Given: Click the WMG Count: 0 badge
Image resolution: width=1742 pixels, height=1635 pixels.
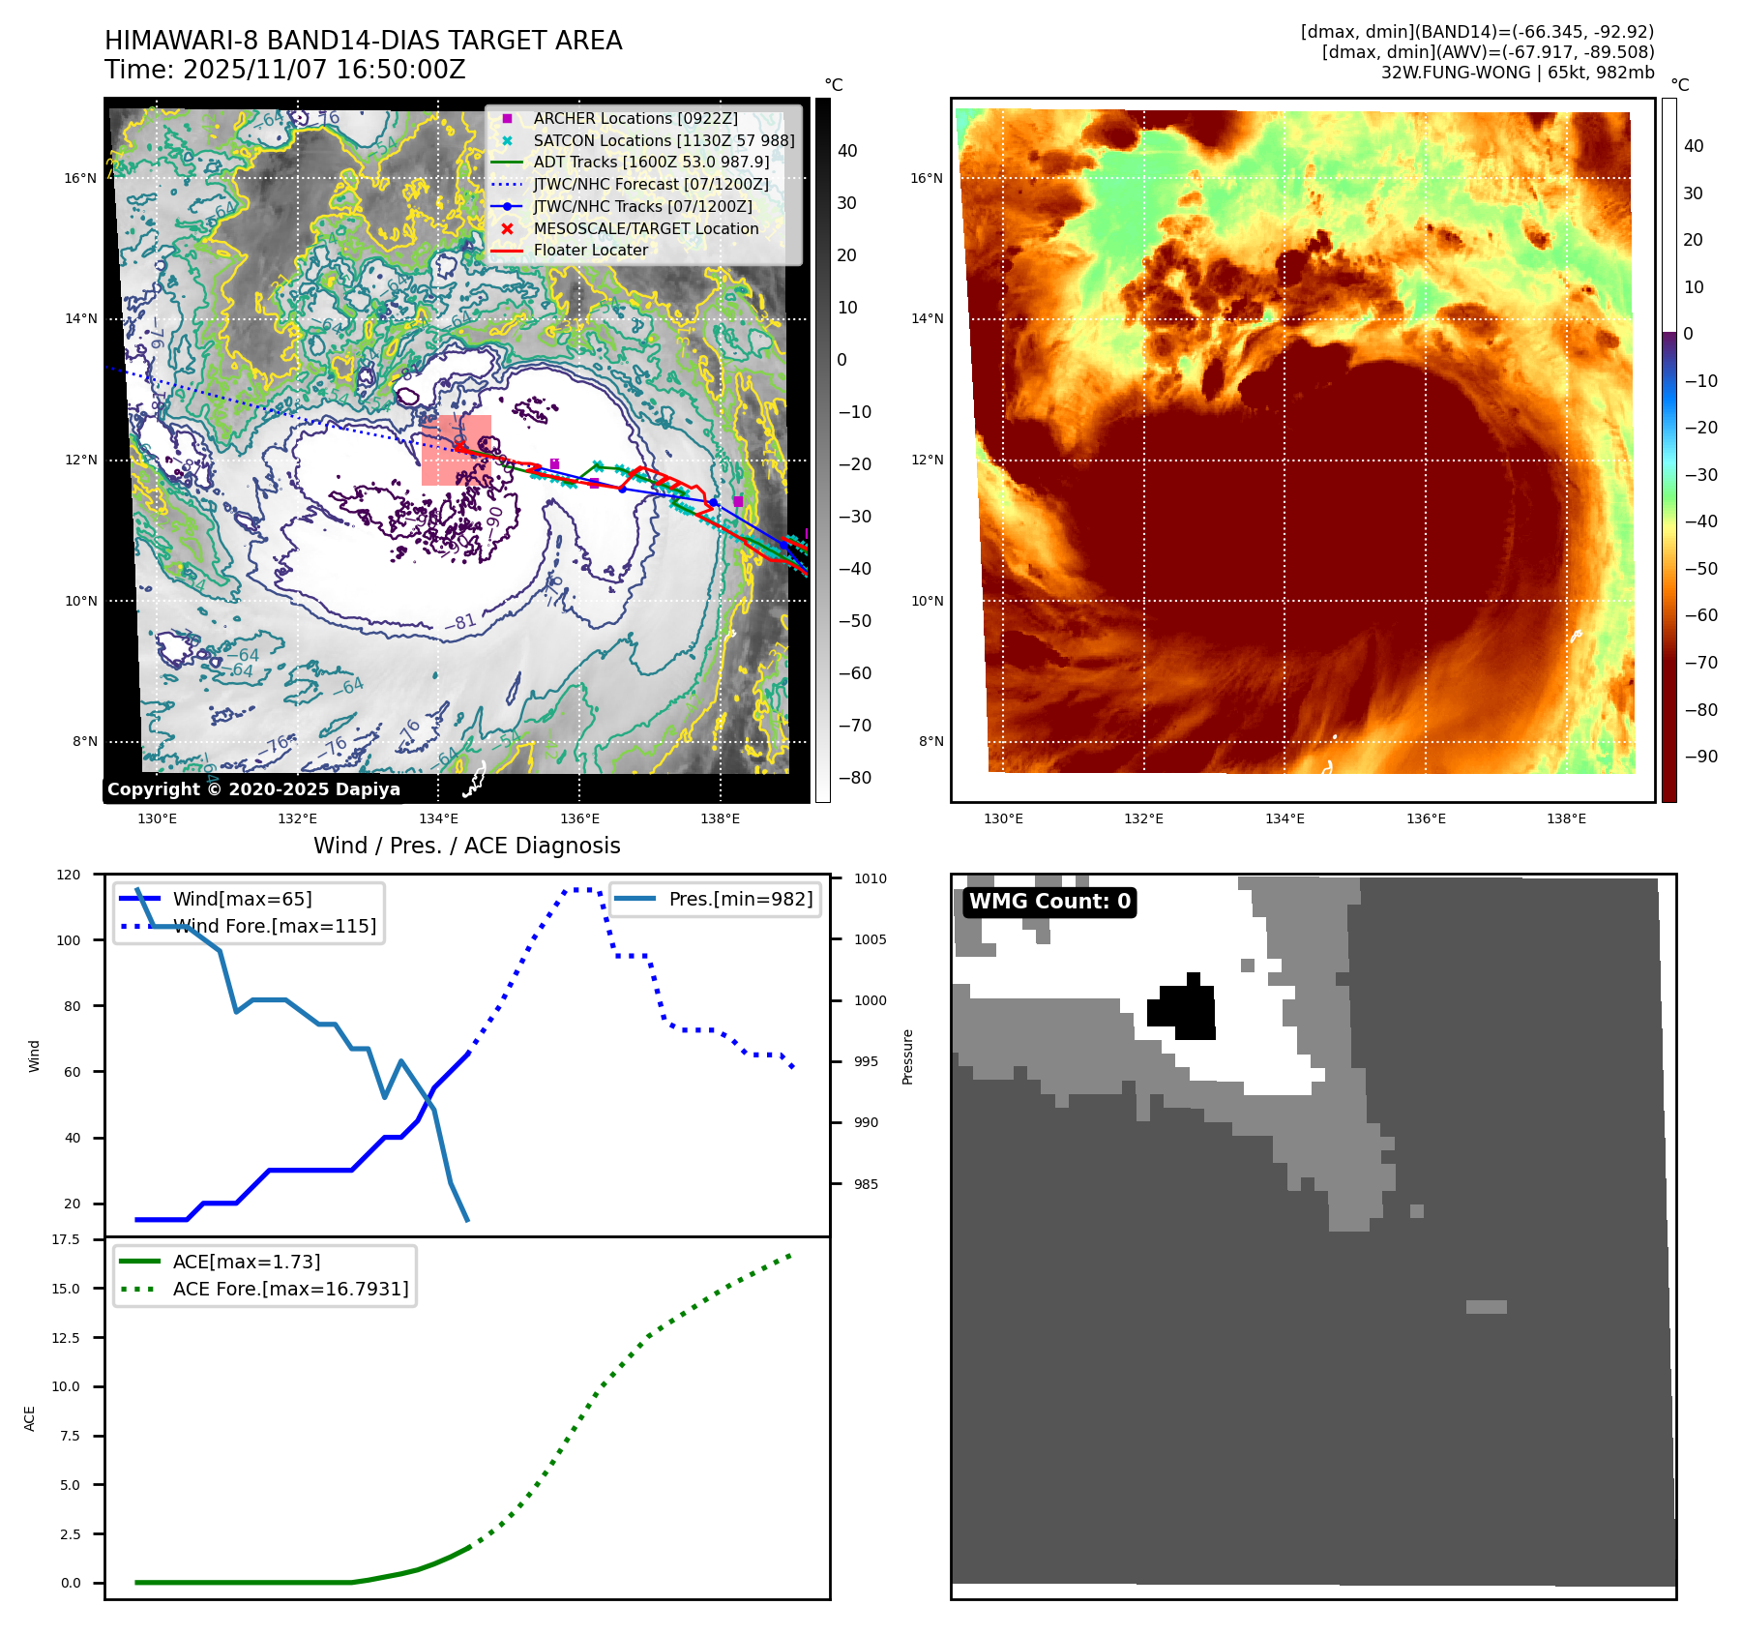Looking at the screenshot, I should click(x=1049, y=902).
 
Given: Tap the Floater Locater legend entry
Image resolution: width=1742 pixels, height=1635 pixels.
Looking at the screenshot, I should click(x=590, y=250).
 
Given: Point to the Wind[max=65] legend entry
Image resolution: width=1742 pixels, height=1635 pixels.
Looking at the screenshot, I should click(x=242, y=899).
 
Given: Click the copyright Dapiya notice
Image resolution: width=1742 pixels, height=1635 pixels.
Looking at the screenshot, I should click(x=253, y=789).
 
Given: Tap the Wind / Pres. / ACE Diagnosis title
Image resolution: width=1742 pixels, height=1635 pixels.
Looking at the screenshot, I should click(x=467, y=846).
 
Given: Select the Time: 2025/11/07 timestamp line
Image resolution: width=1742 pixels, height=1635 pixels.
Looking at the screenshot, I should click(x=285, y=70).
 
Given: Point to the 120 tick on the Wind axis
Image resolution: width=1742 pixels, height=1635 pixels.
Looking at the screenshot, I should click(x=69, y=875).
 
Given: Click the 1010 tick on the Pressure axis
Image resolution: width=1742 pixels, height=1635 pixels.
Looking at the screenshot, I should click(x=870, y=878).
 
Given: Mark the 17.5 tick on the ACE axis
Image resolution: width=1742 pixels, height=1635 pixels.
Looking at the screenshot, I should click(x=66, y=1239).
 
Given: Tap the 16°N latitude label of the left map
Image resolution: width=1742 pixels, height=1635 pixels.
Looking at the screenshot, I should click(x=80, y=178).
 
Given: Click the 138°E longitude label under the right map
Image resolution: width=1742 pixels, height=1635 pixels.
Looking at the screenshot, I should click(x=1566, y=818).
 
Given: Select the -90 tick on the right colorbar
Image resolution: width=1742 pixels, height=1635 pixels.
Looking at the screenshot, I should click(x=1700, y=757).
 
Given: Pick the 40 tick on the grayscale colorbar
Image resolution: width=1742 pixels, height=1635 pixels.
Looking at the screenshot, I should click(x=847, y=151).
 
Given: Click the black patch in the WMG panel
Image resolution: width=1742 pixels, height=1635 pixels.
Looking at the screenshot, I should click(x=1183, y=1008).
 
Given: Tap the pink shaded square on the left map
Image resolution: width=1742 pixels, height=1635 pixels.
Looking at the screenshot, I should click(x=456, y=450).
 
